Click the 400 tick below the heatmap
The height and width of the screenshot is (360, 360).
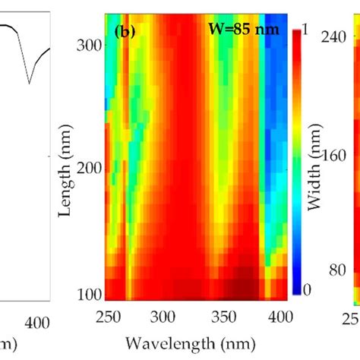pos(279,314)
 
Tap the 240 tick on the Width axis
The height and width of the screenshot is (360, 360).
pos(335,37)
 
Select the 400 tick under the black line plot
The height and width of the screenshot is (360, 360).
pos(30,322)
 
